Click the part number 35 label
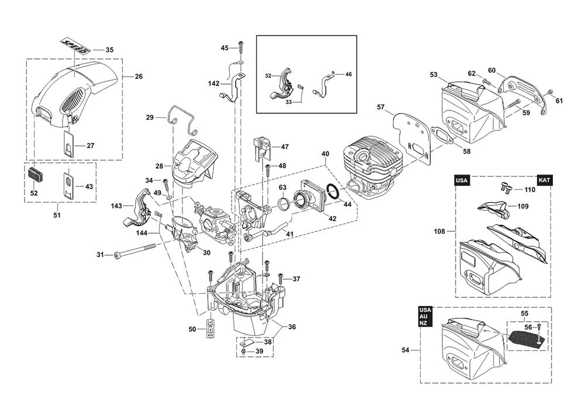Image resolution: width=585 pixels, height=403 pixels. tap(109, 50)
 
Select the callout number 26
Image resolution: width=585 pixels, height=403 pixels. tap(139, 77)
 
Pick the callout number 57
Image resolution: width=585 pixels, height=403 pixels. tap(381, 107)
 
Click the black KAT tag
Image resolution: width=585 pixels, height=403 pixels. tap(544, 180)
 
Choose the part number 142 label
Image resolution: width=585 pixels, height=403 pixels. tap(214, 84)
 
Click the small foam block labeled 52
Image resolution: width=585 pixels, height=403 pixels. tap(35, 174)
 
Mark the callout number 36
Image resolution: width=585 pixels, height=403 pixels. tap(292, 327)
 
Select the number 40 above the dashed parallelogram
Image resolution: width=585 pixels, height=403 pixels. tap(325, 154)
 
